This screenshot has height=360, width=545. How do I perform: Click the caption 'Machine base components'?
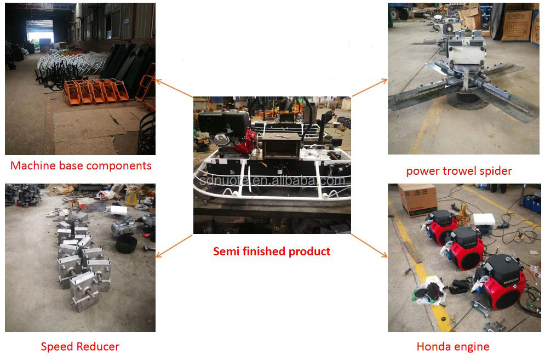tap(81, 165)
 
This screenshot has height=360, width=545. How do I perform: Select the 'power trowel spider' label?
tap(459, 171)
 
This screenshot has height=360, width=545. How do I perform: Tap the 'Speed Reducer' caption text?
tap(80, 346)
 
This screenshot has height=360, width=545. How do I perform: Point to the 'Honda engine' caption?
tap(453, 346)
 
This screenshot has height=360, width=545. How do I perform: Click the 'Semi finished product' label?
tap(272, 252)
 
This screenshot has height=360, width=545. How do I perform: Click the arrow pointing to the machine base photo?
tap(174, 89)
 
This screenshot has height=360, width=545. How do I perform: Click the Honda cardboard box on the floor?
tap(417, 199)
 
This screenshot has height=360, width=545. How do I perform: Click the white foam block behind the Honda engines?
tap(484, 220)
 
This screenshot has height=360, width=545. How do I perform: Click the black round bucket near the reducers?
tap(127, 244)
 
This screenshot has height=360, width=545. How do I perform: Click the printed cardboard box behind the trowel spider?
tap(517, 25)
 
